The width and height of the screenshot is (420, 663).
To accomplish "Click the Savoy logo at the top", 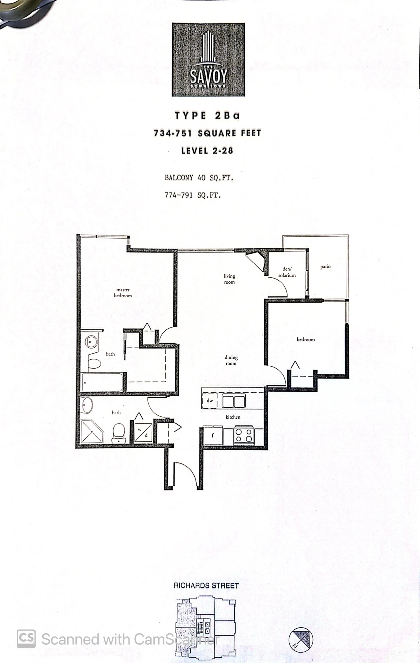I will (x=208, y=60).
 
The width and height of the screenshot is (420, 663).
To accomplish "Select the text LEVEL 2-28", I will (x=207, y=151).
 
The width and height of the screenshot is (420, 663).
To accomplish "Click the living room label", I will (x=229, y=279).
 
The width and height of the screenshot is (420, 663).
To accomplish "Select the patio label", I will (x=325, y=267).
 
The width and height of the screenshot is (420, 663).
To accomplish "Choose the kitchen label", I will (x=233, y=417).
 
